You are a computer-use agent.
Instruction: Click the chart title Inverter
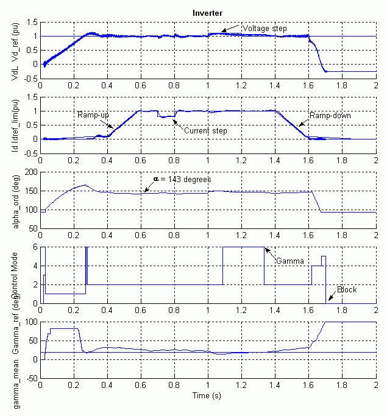point(207,12)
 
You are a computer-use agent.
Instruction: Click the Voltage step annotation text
point(265,28)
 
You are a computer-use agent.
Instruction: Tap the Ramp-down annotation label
point(330,115)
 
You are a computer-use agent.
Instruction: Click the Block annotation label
point(347,289)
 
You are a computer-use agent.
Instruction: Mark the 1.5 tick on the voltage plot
point(31,23)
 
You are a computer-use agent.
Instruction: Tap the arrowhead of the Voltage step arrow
point(222,31)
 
